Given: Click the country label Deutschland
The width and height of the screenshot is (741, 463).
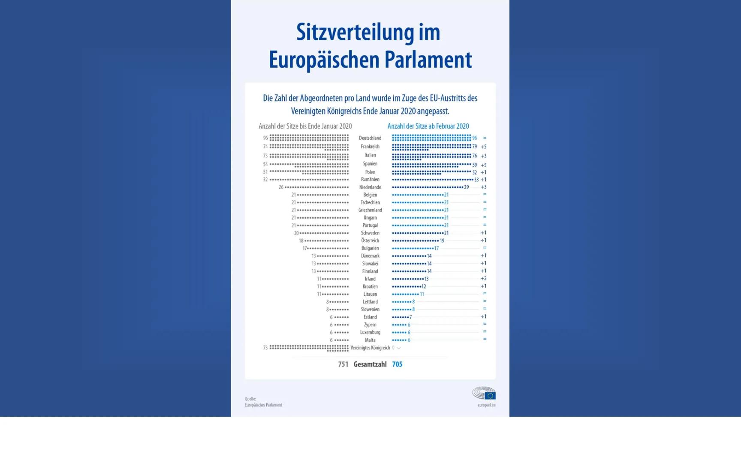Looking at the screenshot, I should click(x=370, y=138).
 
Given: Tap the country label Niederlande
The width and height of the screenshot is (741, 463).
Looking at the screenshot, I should click(x=370, y=187).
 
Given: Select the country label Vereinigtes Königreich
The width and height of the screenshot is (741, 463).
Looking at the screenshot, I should click(x=370, y=348).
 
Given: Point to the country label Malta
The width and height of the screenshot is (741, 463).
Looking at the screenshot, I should click(x=370, y=340).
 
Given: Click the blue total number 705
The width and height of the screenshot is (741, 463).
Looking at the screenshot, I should click(x=397, y=364).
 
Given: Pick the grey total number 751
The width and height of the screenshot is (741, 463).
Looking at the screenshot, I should click(x=343, y=364).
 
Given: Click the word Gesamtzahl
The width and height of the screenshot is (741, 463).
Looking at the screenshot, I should click(x=370, y=364).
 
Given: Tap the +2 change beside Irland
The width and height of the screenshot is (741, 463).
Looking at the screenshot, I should click(x=483, y=279).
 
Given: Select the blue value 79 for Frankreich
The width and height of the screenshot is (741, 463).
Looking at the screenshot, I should click(x=474, y=147).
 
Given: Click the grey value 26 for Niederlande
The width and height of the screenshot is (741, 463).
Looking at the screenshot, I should click(x=281, y=187).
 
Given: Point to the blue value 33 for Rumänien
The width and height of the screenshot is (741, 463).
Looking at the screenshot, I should click(x=476, y=180).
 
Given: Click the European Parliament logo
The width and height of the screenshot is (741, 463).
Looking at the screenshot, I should click(x=484, y=393).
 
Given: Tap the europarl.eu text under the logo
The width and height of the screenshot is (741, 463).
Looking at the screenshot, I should click(x=486, y=405).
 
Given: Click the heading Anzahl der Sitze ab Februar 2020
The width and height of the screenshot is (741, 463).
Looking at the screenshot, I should click(x=428, y=126).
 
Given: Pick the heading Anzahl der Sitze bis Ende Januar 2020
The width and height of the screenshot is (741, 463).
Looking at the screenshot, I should click(x=305, y=126).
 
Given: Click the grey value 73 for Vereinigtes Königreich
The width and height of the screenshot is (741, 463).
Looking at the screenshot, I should click(x=265, y=348).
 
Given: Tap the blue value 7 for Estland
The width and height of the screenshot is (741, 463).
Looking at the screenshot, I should click(x=410, y=317).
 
